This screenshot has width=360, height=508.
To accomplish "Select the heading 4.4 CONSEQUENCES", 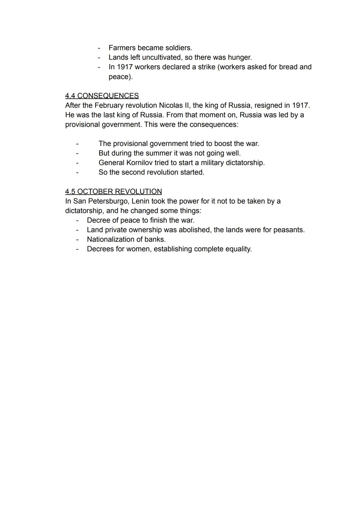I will pyautogui.click(x=102, y=96).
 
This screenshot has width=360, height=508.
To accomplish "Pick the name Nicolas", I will pyautogui.click(x=170, y=106).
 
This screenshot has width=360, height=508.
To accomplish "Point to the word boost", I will pyautogui.click(x=224, y=144).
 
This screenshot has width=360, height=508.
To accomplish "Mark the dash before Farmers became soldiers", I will pyautogui.click(x=99, y=48).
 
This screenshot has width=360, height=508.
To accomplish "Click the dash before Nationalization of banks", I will pyautogui.click(x=77, y=240).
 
